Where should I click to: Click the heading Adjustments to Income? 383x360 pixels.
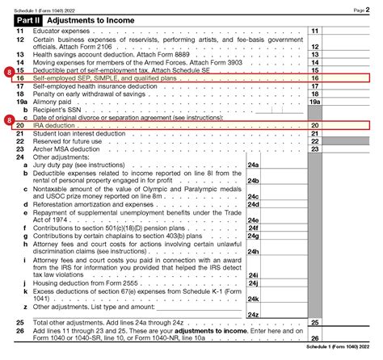coord(90,18)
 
